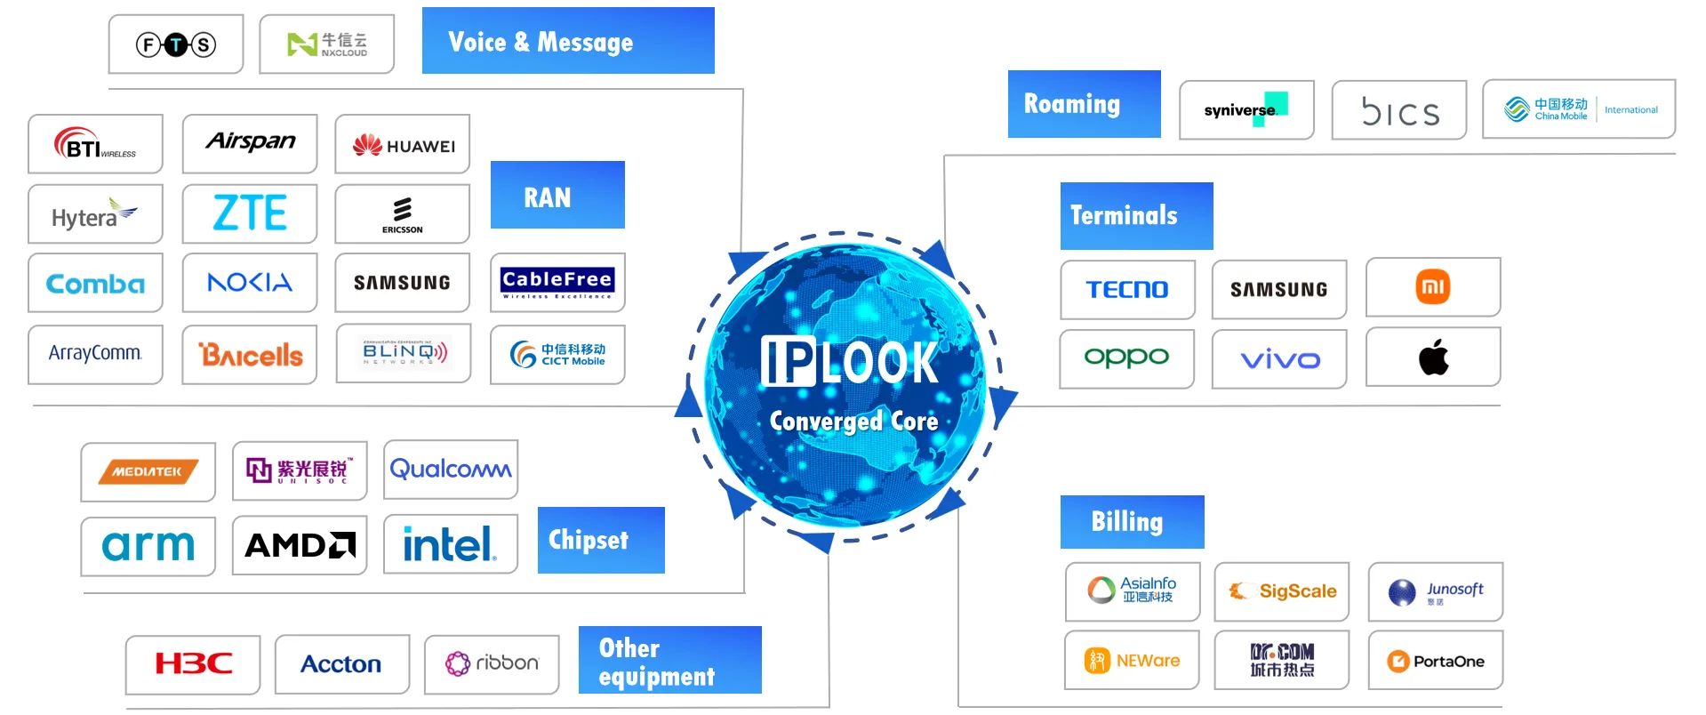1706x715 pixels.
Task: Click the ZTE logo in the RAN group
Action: tap(250, 213)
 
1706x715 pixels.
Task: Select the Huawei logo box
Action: tap(403, 145)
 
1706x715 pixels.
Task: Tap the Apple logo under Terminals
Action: tap(1433, 357)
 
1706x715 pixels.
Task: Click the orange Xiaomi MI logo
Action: tap(1433, 287)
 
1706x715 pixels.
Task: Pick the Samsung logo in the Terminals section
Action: tap(1278, 289)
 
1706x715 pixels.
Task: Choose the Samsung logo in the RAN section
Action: tap(402, 283)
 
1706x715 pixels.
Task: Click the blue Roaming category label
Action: tap(1084, 104)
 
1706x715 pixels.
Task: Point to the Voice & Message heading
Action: tap(567, 41)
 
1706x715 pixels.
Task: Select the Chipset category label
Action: tap(601, 540)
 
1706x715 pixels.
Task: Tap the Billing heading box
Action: tap(1132, 522)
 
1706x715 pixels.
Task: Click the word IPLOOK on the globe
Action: tap(850, 363)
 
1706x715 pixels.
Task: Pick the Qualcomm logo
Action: tap(451, 470)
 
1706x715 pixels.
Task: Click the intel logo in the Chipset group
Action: tap(450, 544)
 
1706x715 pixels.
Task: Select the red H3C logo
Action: tap(193, 664)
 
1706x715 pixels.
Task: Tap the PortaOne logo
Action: tap(1435, 661)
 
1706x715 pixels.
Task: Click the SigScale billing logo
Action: tap(1282, 591)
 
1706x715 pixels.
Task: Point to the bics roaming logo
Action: tap(1399, 111)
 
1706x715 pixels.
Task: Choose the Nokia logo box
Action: tap(250, 283)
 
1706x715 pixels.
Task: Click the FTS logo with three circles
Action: tap(176, 44)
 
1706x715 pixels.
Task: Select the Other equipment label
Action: tap(669, 661)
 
